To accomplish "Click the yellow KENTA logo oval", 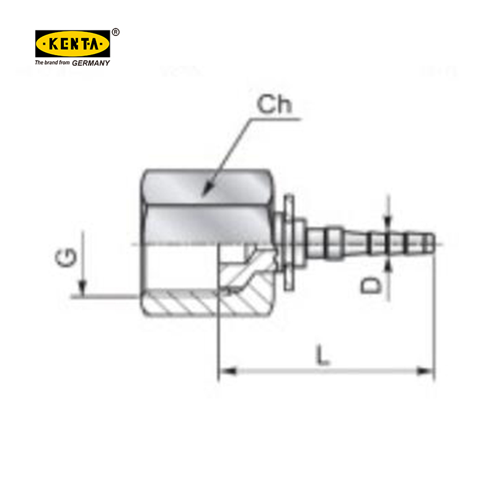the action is [73, 43].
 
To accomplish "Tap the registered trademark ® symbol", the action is [116, 32].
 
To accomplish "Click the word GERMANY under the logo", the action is [91, 63].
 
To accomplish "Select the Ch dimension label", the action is [274, 104].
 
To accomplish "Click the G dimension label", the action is [66, 257].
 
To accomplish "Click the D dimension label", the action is [371, 285].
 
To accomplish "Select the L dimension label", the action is [322, 355].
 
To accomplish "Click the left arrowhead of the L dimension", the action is [227, 370].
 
